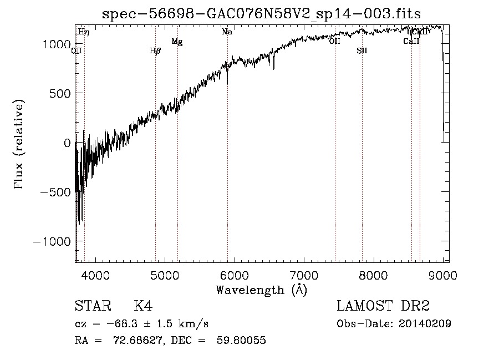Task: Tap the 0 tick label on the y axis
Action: tap(67, 143)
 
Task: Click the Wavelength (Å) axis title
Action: tap(261, 290)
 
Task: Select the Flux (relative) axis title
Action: tap(19, 145)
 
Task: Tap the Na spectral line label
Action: tap(227, 32)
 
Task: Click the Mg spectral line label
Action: tap(177, 42)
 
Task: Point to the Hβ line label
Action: tap(155, 51)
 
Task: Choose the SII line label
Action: tap(362, 51)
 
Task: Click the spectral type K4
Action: tap(143, 306)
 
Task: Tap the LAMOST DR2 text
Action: tap(383, 306)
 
